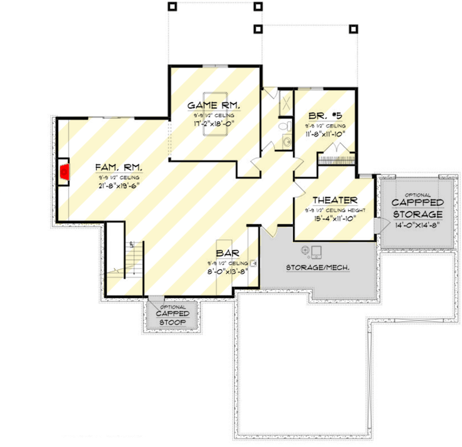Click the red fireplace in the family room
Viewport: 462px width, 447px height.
coord(65,174)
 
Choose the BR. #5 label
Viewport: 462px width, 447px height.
coord(324,116)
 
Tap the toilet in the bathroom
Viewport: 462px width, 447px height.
coord(283,127)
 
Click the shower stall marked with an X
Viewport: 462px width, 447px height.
coord(285,101)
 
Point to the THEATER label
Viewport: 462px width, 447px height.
coord(335,200)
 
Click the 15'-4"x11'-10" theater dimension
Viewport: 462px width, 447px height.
coord(335,220)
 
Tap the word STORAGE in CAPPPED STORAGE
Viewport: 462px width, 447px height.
coord(417,213)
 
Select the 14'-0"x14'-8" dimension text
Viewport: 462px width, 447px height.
coord(417,224)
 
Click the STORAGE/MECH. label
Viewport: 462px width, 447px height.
coord(318,267)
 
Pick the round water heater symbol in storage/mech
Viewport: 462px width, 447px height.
coord(305,251)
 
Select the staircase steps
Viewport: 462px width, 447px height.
coord(134,259)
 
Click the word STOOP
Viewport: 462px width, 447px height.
coord(172,323)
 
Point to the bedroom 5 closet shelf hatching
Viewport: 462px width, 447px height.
coord(337,158)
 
